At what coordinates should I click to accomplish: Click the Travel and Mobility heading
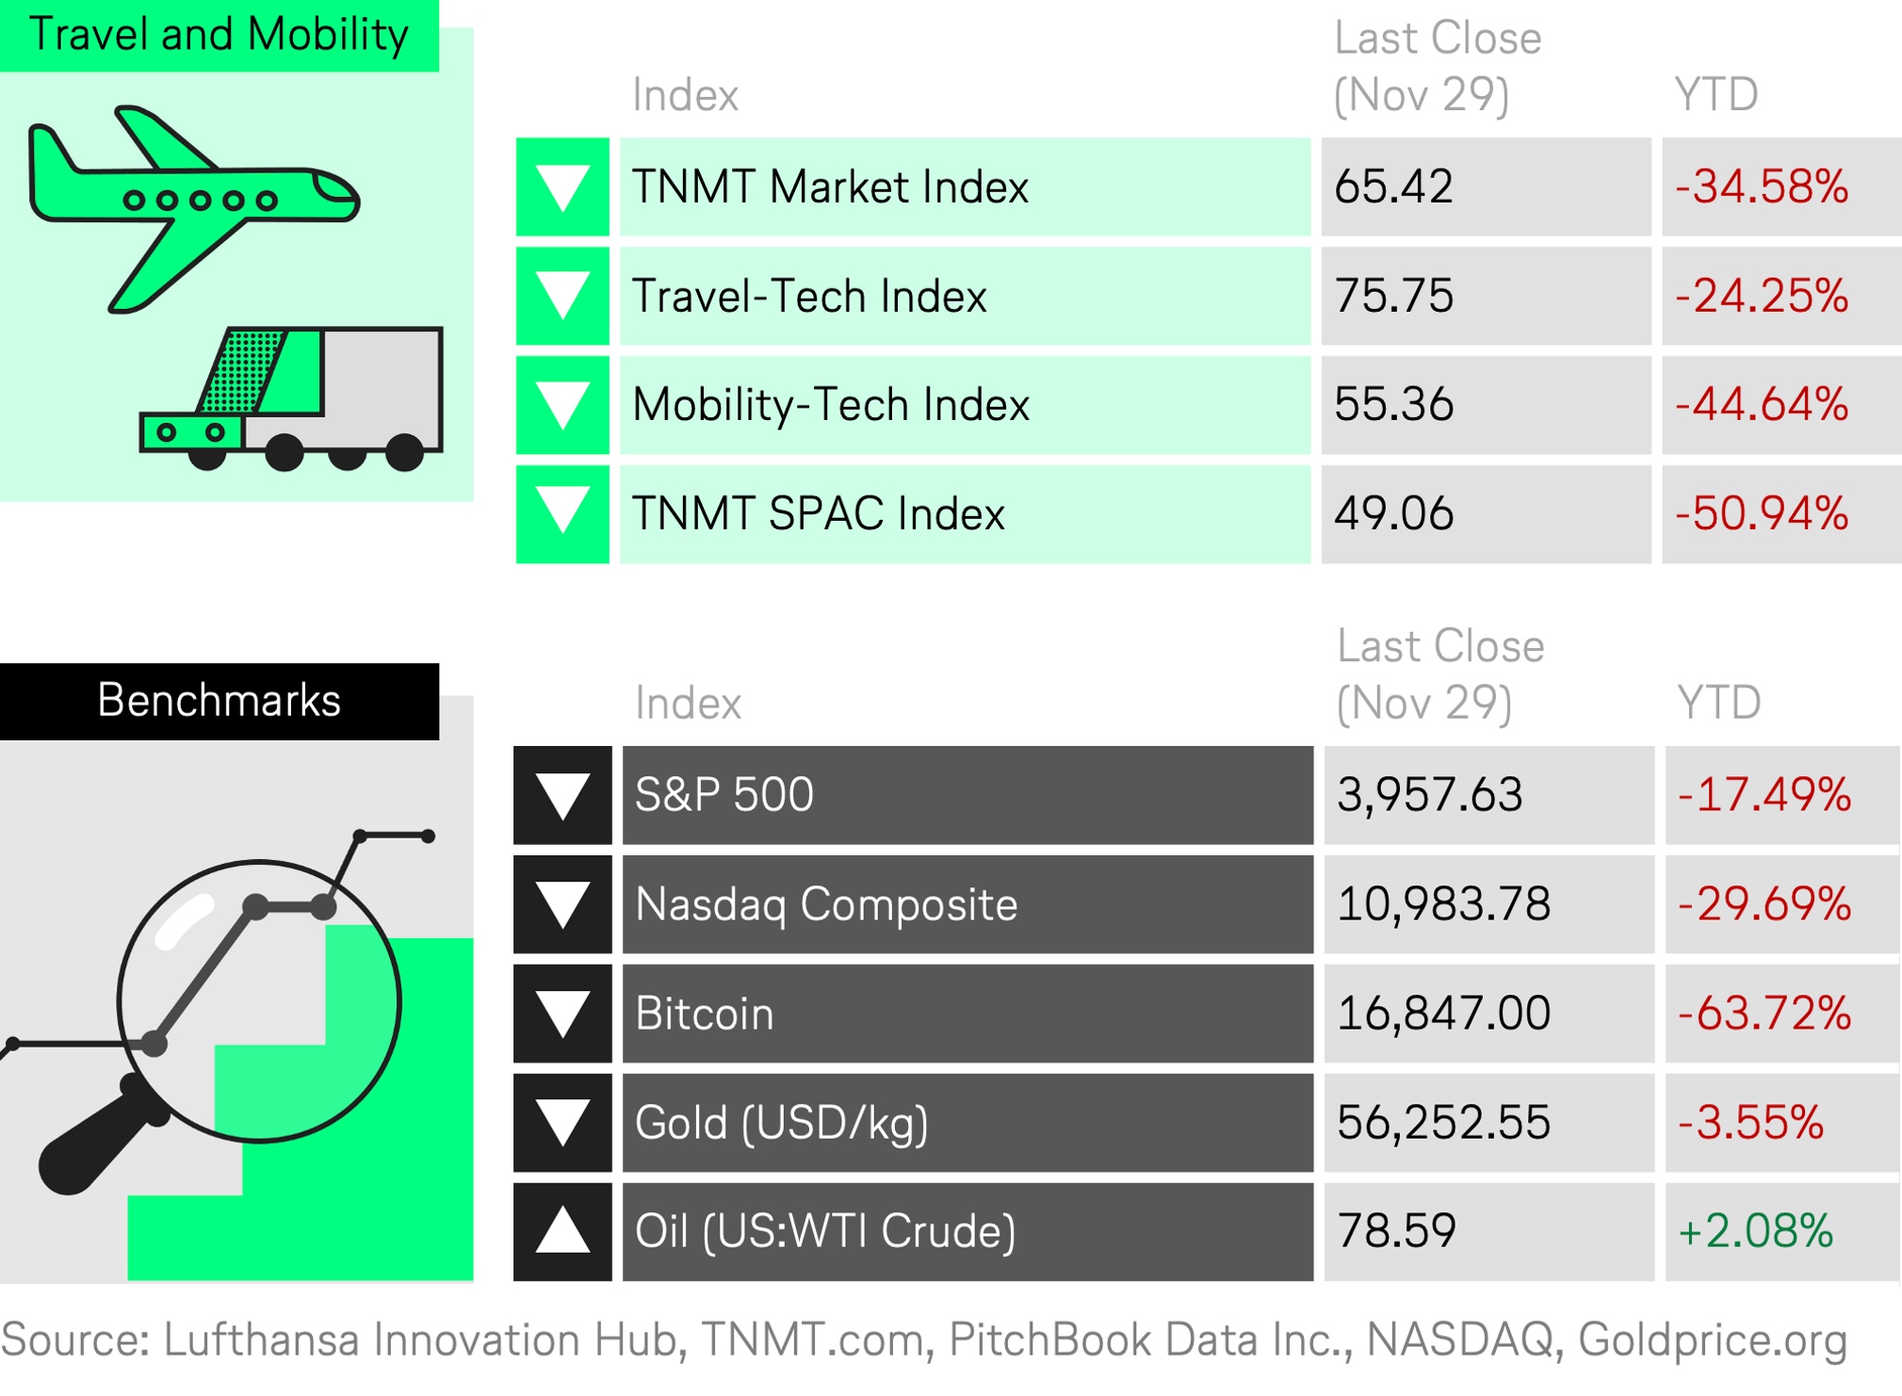pos(219,35)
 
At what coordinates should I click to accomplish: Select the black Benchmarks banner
pos(219,701)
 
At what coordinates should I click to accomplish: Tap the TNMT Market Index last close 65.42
pos(1393,187)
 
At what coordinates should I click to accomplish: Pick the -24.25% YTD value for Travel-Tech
pos(1762,296)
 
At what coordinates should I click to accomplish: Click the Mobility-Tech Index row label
pos(831,405)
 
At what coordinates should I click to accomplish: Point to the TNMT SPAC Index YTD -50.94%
pos(1762,514)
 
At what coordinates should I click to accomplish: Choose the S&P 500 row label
pos(723,795)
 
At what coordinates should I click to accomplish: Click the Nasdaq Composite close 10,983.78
pos(1443,904)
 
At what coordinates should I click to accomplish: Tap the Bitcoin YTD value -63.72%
pos(1764,1014)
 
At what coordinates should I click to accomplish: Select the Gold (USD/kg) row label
pos(781,1123)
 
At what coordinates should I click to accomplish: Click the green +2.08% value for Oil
pos(1755,1231)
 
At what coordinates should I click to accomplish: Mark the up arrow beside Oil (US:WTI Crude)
pos(562,1229)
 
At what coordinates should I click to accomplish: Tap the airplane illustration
pos(192,209)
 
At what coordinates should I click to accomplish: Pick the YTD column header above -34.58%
pos(1715,95)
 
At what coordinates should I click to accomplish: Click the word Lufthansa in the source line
pos(261,1339)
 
